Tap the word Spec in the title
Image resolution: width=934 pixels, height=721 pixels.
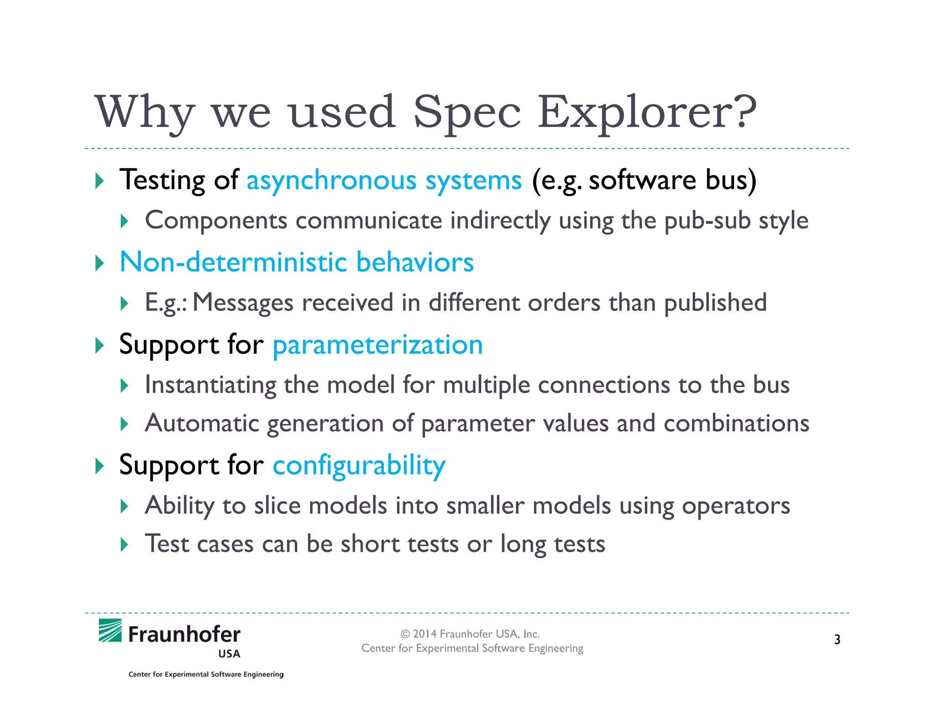[466, 113]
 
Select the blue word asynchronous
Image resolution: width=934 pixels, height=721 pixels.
[331, 180]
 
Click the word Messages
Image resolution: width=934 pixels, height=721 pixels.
[243, 303]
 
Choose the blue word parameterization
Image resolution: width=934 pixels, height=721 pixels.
[377, 345]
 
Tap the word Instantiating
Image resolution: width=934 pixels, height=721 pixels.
[210, 385]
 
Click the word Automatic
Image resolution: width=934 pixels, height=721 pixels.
[202, 423]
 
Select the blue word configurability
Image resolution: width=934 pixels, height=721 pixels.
[359, 466]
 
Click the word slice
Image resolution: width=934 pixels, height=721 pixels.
[277, 506]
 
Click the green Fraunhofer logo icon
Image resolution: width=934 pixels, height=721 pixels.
[110, 630]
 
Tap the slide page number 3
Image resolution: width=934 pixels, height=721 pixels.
[837, 639]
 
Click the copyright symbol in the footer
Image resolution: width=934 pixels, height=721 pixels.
[405, 634]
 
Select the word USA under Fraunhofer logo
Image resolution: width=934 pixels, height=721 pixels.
[229, 654]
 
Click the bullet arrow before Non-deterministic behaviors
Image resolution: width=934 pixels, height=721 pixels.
[99, 263]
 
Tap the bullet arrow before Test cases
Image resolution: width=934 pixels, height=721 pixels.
[124, 544]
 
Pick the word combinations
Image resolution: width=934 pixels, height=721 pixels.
[736, 423]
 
